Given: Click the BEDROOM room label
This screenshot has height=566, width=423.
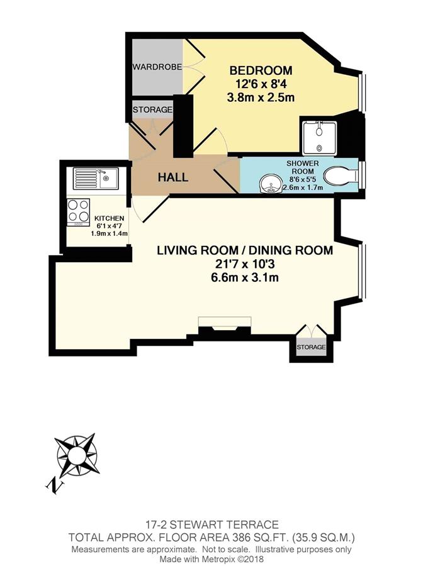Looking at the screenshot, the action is coord(261,70).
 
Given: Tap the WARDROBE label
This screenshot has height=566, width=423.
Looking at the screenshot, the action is coord(157,67).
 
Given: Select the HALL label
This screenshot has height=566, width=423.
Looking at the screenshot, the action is coord(173,177).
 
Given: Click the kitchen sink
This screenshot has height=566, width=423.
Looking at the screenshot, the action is coord(96,179).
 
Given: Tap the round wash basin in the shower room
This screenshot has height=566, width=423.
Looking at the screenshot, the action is coord(270,184).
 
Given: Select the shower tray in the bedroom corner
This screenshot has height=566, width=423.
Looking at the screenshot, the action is coord(319,138).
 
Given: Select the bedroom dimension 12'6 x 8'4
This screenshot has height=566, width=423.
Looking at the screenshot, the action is coord(261,84).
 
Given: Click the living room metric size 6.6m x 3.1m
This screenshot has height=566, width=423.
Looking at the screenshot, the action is coord(245,277).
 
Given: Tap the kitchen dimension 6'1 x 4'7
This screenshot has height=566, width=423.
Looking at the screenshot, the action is coord(110,226).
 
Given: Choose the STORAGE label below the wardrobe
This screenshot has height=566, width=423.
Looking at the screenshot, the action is coord(152,109).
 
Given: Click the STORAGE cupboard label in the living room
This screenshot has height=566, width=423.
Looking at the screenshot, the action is coord(311,347).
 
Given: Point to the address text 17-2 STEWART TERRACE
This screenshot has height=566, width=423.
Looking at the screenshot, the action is coord(211,524).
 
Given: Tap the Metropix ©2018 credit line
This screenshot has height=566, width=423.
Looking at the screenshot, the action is coord(211,559).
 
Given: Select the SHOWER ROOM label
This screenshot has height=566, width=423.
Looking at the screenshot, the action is coord(303,167).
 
